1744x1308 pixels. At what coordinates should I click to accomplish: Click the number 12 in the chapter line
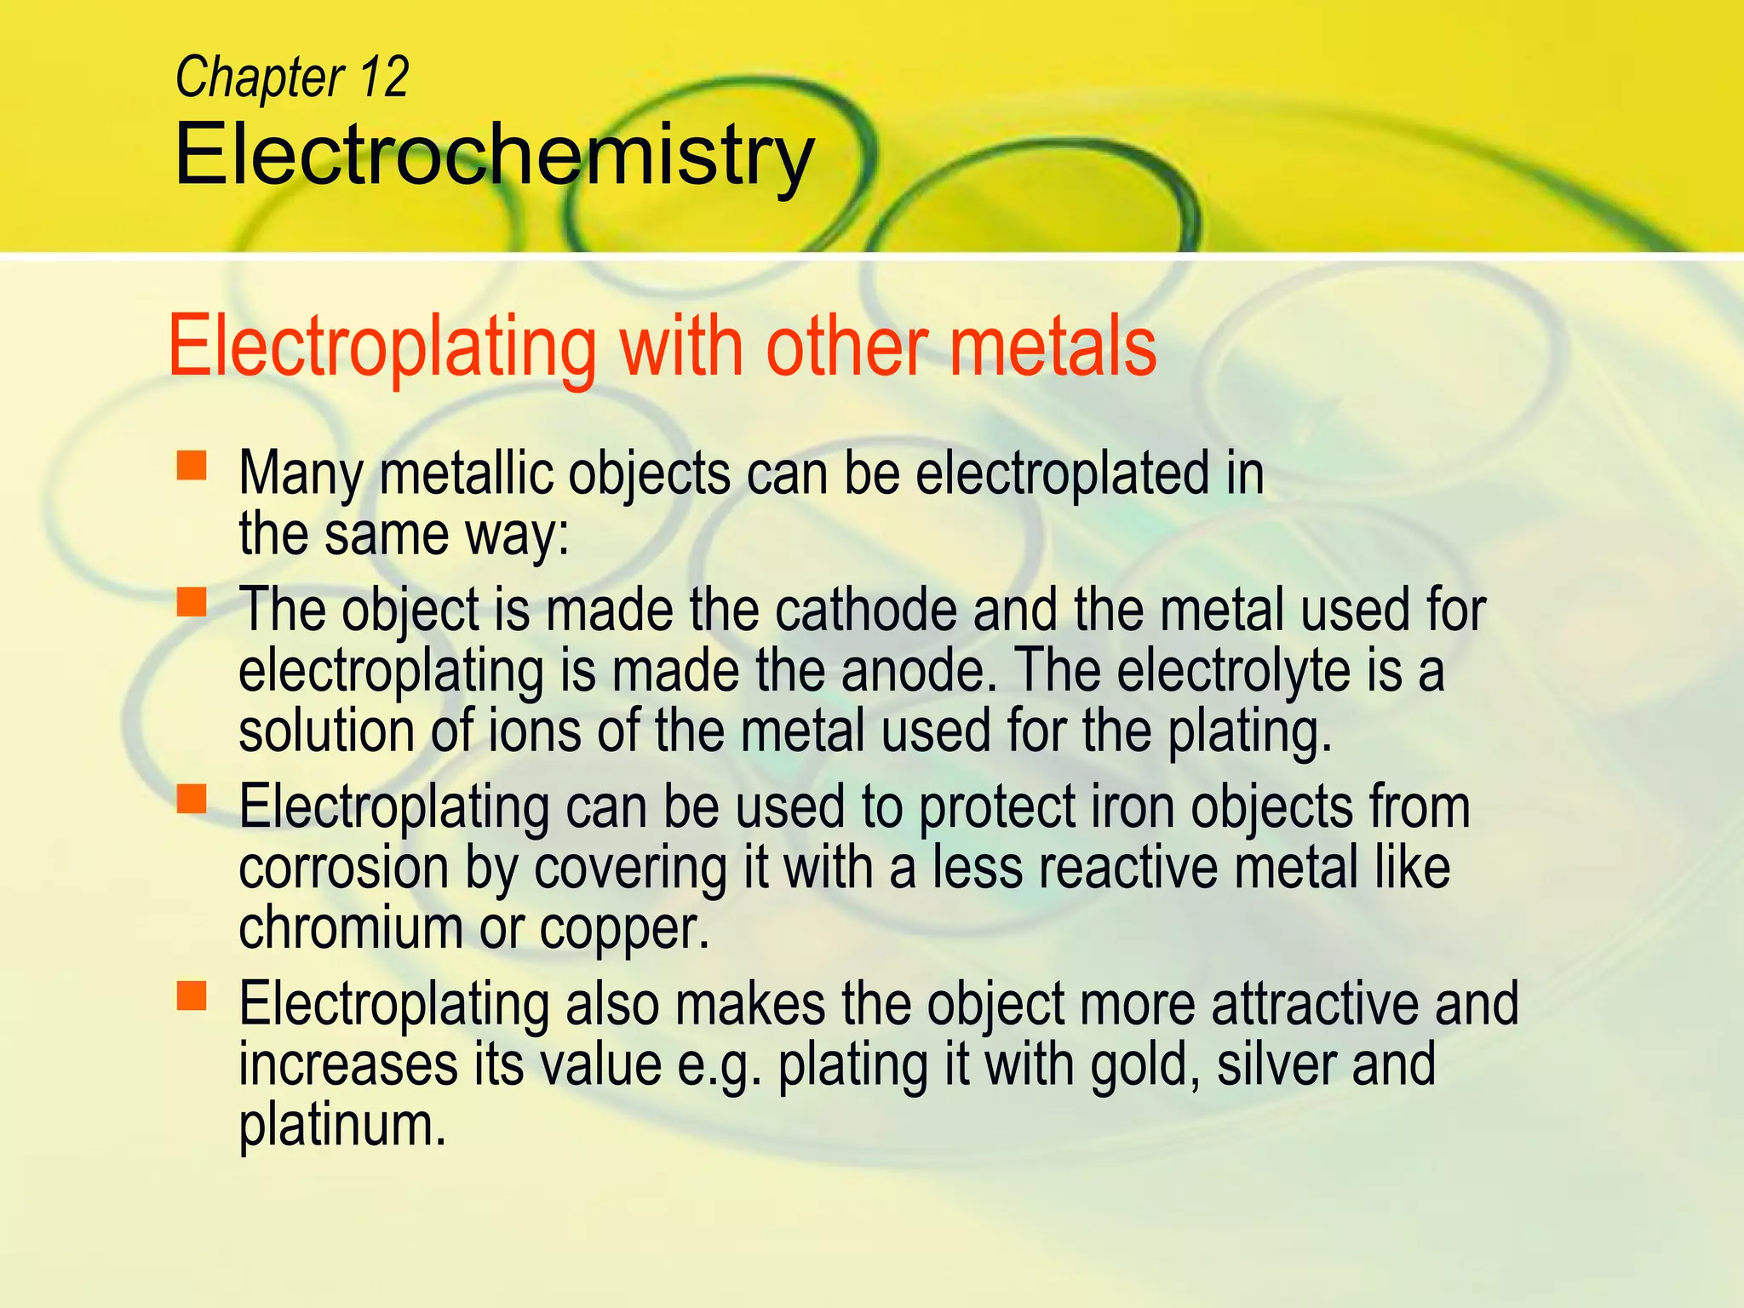tap(383, 77)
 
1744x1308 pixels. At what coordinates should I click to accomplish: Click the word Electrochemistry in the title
tap(494, 155)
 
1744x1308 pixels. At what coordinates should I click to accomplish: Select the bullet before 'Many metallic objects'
tap(192, 466)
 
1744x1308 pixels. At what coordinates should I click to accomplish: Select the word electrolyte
tap(1234, 670)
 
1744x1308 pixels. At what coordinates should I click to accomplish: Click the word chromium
tap(350, 927)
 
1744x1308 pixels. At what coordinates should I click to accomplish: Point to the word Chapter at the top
tap(260, 77)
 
